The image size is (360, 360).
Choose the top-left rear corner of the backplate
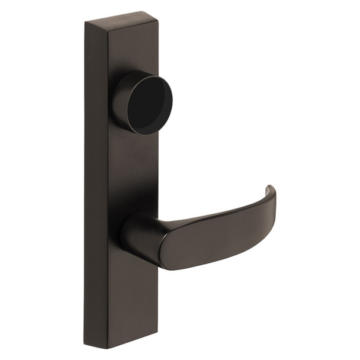[85, 22]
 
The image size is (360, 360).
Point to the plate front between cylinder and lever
[133, 172]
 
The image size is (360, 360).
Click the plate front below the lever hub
[133, 296]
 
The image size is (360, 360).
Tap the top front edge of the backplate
[133, 25]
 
